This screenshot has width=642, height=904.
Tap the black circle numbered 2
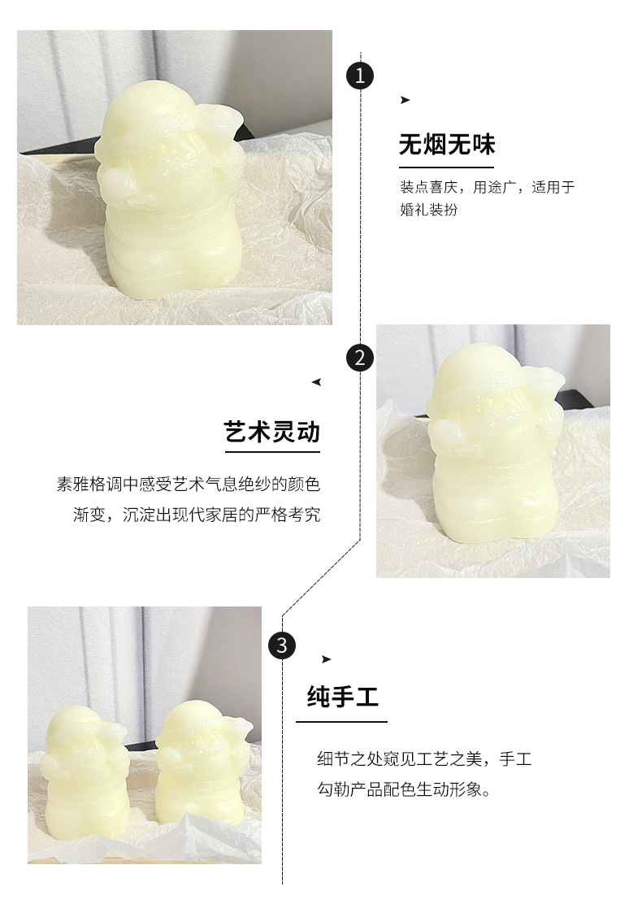coord(360,358)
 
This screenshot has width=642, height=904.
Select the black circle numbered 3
coord(282,645)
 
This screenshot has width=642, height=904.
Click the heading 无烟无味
coord(446,146)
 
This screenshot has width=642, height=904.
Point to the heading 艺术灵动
coord(271,431)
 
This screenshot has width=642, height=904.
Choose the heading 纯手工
coord(343,697)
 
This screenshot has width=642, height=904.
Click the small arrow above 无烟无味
coord(405,100)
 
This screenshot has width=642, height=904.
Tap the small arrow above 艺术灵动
coord(316,381)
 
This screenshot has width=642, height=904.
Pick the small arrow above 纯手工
coord(326,658)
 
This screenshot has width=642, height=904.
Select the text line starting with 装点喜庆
coord(487,187)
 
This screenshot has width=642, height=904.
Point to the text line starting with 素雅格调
coord(188,485)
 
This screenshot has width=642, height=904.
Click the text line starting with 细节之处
coord(423,759)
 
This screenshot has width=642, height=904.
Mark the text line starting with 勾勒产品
coord(404,789)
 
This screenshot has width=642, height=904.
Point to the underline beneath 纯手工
coord(341,721)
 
